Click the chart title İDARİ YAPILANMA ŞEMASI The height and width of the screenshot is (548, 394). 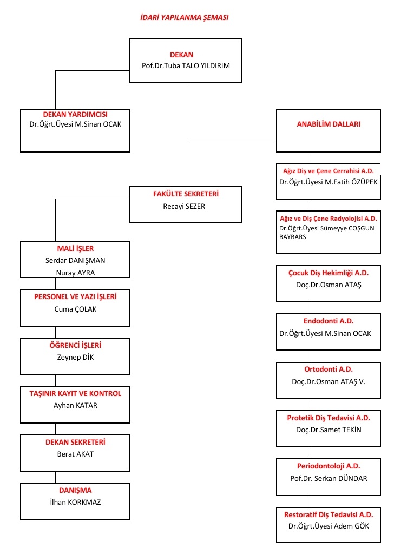(x=184, y=17)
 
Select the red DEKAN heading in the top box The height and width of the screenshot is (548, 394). (x=181, y=55)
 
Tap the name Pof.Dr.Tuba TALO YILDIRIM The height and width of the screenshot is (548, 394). (x=186, y=65)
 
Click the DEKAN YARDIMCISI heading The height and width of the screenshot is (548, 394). (x=75, y=114)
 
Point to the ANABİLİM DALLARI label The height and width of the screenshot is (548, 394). (x=329, y=124)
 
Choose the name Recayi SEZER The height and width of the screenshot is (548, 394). (x=184, y=206)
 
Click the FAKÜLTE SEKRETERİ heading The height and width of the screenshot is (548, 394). (x=186, y=194)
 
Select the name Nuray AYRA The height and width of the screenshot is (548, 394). (x=75, y=273)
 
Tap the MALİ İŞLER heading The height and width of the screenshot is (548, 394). (x=75, y=248)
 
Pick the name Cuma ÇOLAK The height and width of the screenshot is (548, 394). (x=75, y=309)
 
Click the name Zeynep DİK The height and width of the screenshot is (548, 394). (x=75, y=357)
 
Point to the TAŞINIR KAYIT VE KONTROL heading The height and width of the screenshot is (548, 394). (x=75, y=393)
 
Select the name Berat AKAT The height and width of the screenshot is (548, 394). (x=75, y=454)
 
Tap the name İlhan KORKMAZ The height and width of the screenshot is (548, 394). (x=75, y=502)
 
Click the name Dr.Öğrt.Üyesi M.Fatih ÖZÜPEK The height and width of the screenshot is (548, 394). (x=329, y=182)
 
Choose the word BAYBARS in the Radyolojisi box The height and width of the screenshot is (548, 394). (x=292, y=237)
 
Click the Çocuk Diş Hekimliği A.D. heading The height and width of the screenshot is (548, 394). (x=329, y=273)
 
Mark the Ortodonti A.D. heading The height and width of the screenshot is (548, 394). (x=329, y=369)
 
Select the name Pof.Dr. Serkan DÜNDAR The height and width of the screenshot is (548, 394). (x=329, y=478)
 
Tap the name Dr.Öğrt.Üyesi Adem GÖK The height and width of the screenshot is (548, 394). (x=329, y=526)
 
